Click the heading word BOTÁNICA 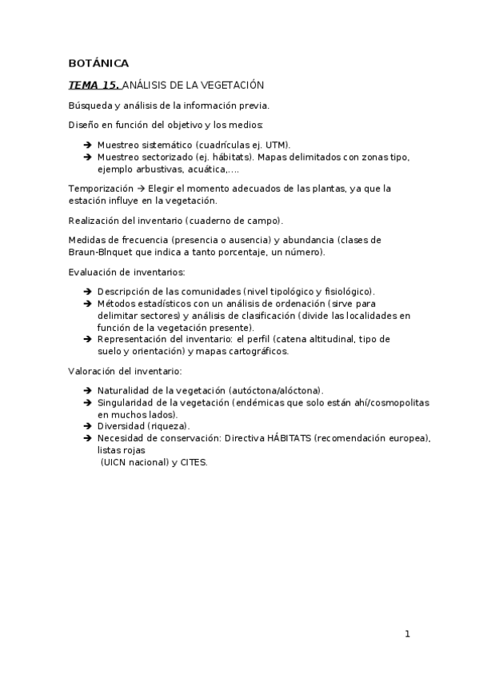coord(98,63)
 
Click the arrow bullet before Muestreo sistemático coord(86,145)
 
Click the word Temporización coord(101,188)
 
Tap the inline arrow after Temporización coord(140,188)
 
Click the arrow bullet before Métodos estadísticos coord(86,304)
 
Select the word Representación coord(132,339)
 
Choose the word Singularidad coord(126,402)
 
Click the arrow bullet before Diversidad coord(86,426)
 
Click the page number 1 coord(407,635)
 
